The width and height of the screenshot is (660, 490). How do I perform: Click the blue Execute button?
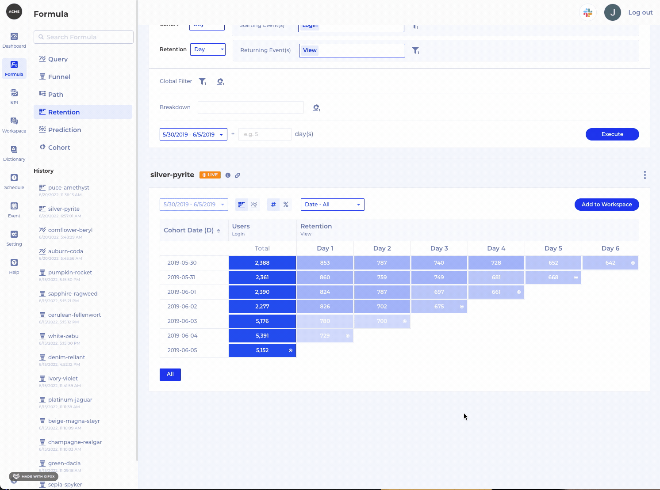click(x=612, y=134)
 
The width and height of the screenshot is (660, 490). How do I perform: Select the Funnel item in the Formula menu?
click(x=59, y=77)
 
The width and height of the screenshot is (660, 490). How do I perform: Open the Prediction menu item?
click(x=64, y=130)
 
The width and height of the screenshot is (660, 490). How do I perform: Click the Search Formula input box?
click(x=84, y=37)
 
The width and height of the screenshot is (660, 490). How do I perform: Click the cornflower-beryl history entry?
click(x=70, y=230)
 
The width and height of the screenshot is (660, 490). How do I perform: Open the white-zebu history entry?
click(x=63, y=336)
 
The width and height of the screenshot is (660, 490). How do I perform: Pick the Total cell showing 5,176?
click(x=262, y=321)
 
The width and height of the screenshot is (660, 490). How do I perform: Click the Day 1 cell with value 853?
click(x=325, y=263)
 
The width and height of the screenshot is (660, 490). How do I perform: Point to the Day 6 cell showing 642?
click(x=610, y=263)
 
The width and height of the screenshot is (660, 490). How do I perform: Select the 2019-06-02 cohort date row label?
click(x=182, y=307)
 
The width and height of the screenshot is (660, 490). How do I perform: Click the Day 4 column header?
click(x=496, y=248)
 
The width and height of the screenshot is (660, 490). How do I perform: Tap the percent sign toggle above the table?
click(x=286, y=205)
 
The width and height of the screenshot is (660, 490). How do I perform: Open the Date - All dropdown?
click(x=332, y=205)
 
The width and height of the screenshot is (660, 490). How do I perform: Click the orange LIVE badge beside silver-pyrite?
click(x=210, y=175)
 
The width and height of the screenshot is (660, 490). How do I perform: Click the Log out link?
click(x=640, y=12)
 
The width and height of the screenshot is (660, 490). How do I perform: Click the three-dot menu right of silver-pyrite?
click(x=645, y=175)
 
